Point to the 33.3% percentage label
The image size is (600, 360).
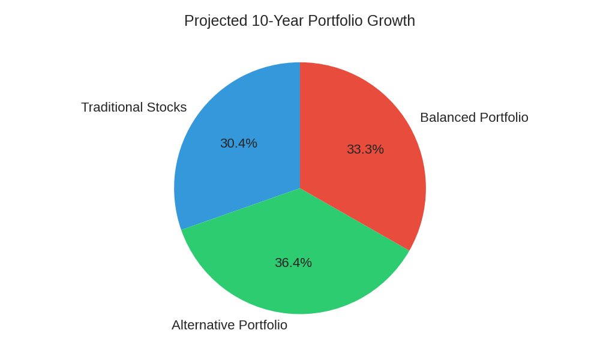[x=365, y=149]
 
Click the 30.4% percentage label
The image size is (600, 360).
[x=238, y=143]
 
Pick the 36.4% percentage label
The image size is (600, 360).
[x=293, y=263]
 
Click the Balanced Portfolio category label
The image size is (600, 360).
[x=474, y=118]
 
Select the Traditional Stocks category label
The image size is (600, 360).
[x=134, y=107]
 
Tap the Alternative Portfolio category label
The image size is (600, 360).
[x=229, y=325]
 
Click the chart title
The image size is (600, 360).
[x=299, y=21]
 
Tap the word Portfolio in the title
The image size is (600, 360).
[x=335, y=21]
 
